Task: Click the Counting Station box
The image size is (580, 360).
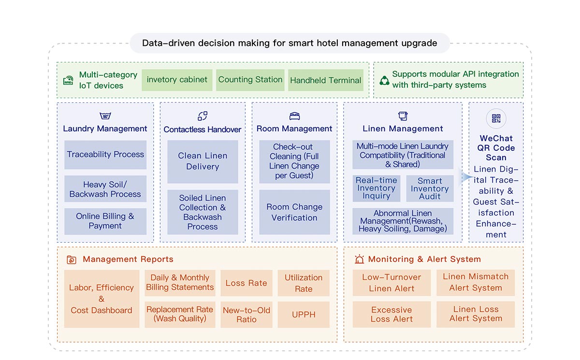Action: (x=250, y=80)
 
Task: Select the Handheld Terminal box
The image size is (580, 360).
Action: (x=326, y=80)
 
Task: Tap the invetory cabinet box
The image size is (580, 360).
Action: (x=177, y=80)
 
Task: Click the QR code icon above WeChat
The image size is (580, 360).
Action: (x=496, y=118)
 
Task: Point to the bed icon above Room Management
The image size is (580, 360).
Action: (x=295, y=116)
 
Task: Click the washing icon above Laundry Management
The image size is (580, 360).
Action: (x=105, y=115)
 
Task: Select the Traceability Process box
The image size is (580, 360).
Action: (x=105, y=155)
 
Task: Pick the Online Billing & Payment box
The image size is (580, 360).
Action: (x=105, y=221)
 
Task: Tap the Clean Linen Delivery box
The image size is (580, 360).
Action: (x=203, y=162)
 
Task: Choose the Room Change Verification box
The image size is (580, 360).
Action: (x=295, y=212)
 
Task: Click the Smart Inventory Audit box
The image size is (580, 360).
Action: (x=430, y=188)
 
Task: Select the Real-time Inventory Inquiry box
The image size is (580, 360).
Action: (x=377, y=188)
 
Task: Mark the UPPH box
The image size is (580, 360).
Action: (x=304, y=315)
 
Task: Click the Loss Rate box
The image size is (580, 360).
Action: (x=246, y=283)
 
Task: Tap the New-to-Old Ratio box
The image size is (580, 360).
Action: (x=246, y=315)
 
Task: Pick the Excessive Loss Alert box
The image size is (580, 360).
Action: (x=392, y=314)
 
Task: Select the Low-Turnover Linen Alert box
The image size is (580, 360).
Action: (x=392, y=283)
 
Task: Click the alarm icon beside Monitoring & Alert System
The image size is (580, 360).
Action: (x=360, y=259)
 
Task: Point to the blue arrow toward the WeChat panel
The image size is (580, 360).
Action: (x=465, y=177)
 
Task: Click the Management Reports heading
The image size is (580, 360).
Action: (x=128, y=259)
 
